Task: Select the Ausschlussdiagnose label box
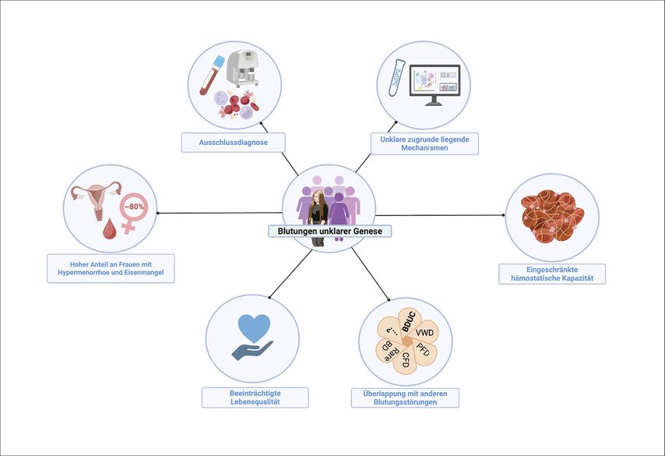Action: point(234,143)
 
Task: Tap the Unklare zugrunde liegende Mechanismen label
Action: point(424,143)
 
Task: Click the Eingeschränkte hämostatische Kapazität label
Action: point(551,274)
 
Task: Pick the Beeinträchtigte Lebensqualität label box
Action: point(255,398)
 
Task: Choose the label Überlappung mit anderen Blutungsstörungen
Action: point(405,398)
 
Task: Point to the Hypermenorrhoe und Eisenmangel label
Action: point(110,268)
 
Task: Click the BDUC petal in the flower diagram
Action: point(410,318)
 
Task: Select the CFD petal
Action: point(406,359)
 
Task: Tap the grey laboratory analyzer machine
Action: point(243,67)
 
